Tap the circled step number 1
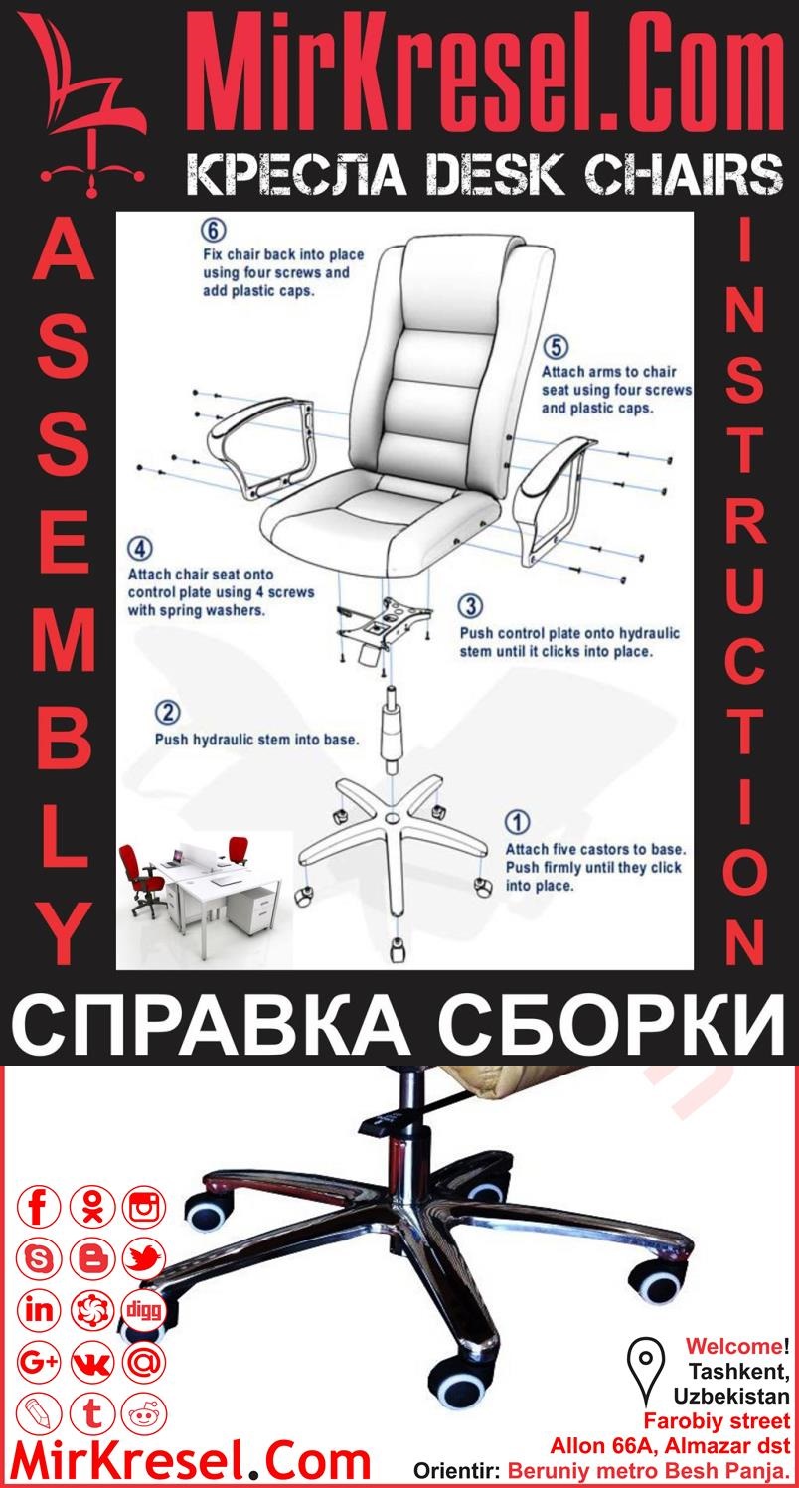pos(518,823)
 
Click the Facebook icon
pos(40,1209)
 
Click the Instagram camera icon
pos(144,1209)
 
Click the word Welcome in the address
pos(732,1347)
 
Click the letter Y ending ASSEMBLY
pos(66,934)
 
